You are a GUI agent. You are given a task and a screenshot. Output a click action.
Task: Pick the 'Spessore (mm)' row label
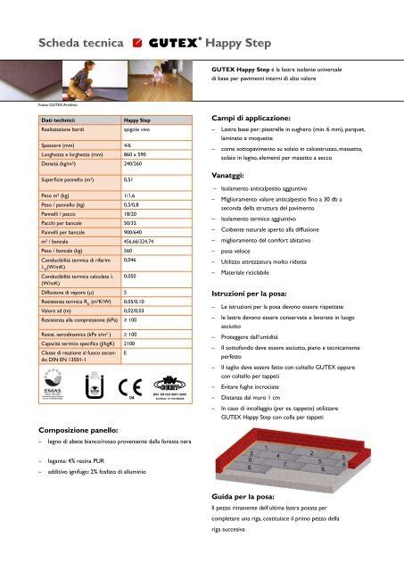[x=49, y=145]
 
